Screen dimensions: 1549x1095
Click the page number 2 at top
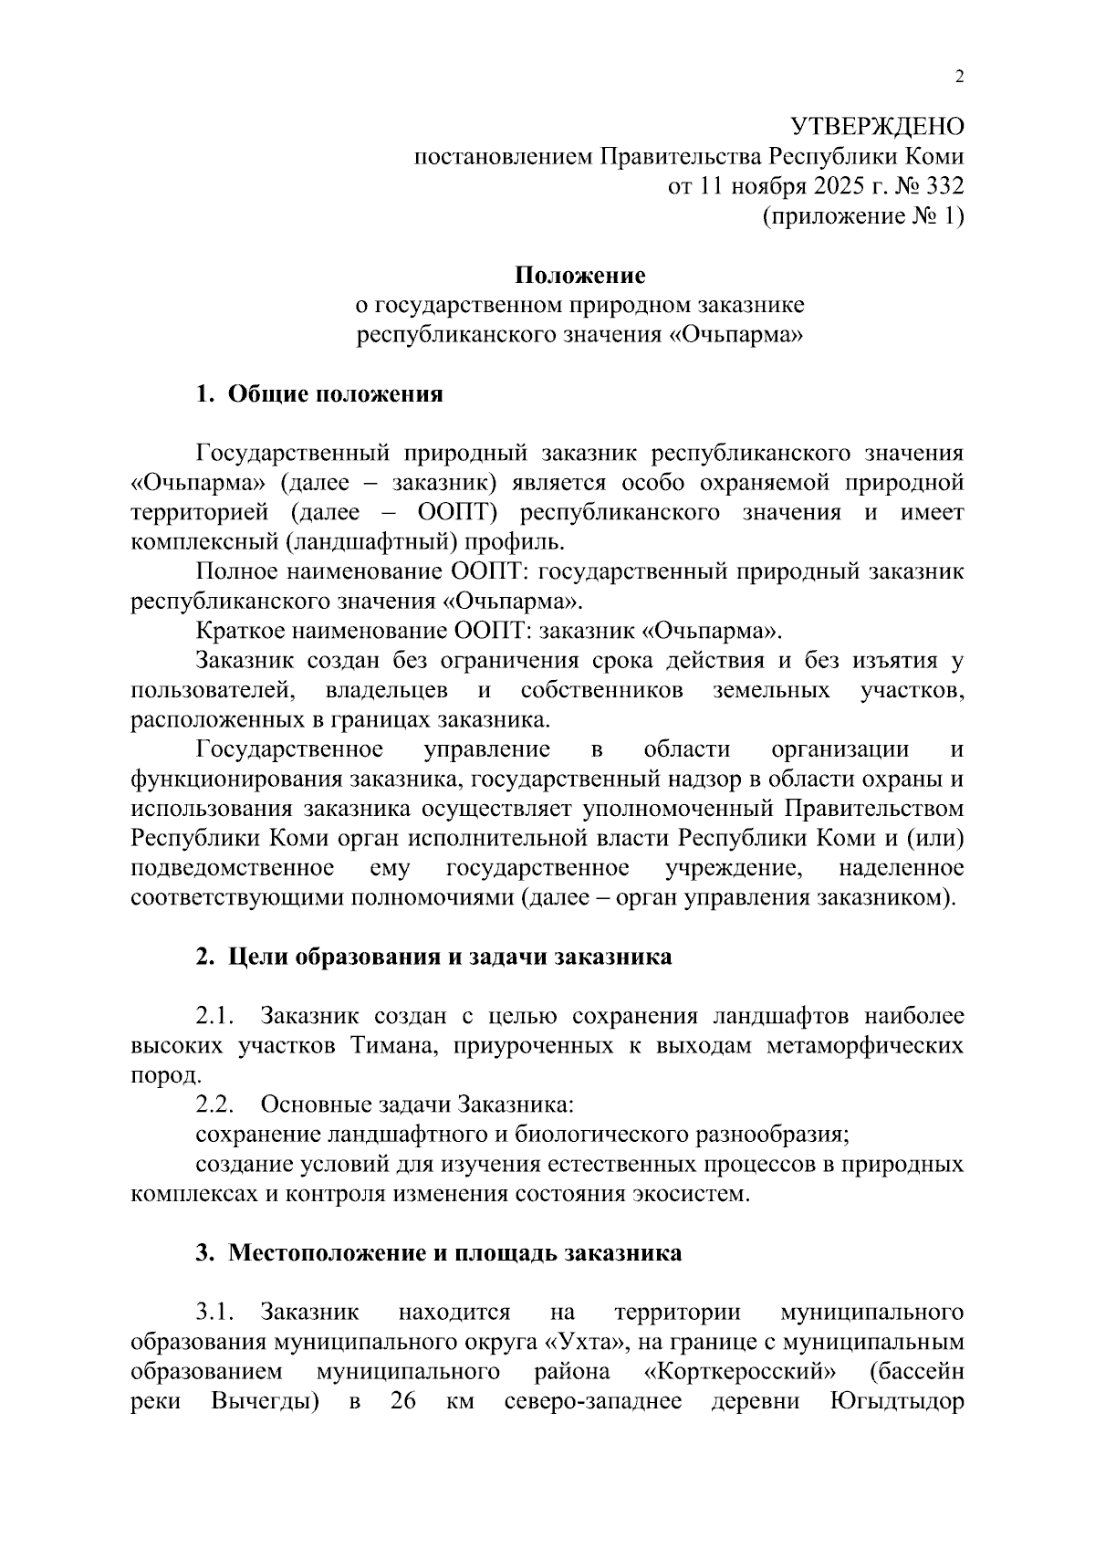(958, 76)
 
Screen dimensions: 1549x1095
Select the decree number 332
(944, 187)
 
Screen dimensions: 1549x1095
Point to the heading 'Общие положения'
(335, 394)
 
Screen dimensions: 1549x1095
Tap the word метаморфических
(864, 1046)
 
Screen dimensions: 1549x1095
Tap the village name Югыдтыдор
(897, 1402)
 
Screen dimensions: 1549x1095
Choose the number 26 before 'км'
(403, 1402)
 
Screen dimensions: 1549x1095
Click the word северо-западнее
(593, 1402)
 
